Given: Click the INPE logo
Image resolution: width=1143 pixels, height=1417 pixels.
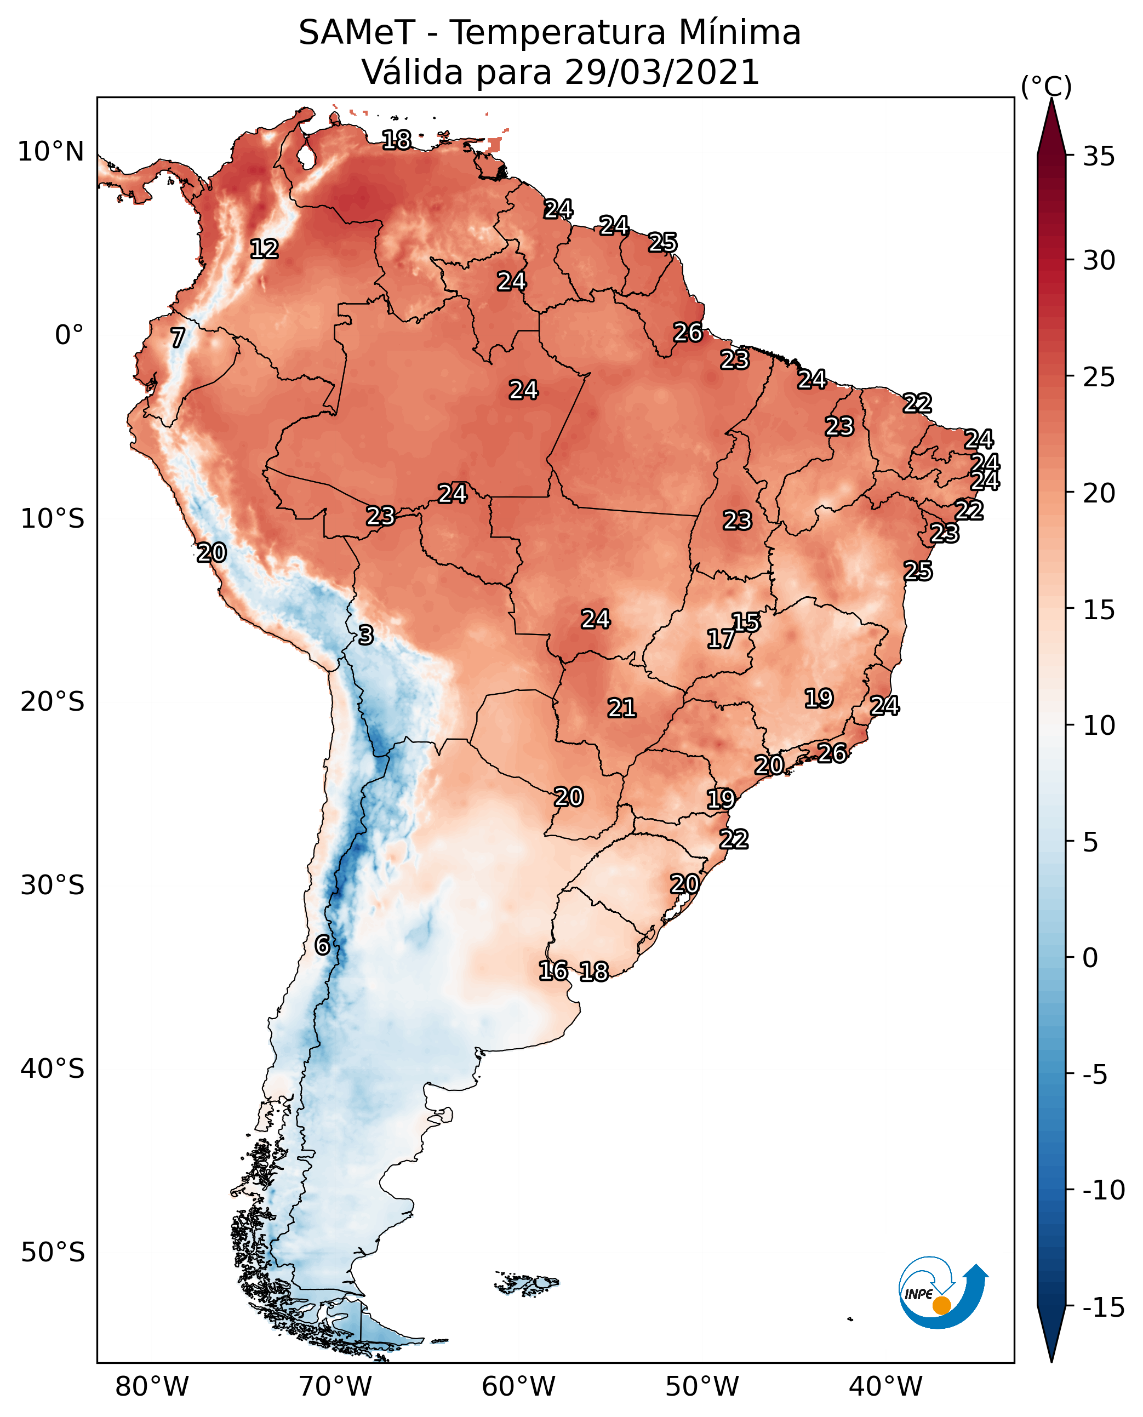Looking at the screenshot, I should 942,1293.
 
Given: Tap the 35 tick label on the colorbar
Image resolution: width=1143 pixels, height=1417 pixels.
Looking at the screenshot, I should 1099,157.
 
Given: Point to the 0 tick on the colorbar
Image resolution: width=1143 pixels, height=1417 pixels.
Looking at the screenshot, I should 1090,958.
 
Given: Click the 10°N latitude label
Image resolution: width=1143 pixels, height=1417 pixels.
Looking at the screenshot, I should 51,152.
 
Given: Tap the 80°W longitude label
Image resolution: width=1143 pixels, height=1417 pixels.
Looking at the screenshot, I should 152,1386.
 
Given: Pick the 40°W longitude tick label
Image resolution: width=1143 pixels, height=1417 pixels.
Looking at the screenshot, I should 885,1386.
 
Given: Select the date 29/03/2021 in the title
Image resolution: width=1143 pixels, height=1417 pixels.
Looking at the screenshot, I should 662,72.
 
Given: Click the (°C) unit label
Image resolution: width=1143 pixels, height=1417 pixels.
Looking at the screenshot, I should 1045,86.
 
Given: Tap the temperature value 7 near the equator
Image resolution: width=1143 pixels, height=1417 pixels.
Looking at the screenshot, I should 178,338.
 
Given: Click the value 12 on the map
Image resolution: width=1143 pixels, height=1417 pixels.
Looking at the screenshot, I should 264,249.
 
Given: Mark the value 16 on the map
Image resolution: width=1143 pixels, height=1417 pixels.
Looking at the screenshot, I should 553,970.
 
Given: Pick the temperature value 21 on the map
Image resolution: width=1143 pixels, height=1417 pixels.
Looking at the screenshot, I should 621,708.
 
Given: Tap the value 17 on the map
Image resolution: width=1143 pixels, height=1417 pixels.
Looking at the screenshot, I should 721,639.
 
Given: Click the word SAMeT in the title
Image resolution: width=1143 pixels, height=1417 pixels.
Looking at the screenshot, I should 356,33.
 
